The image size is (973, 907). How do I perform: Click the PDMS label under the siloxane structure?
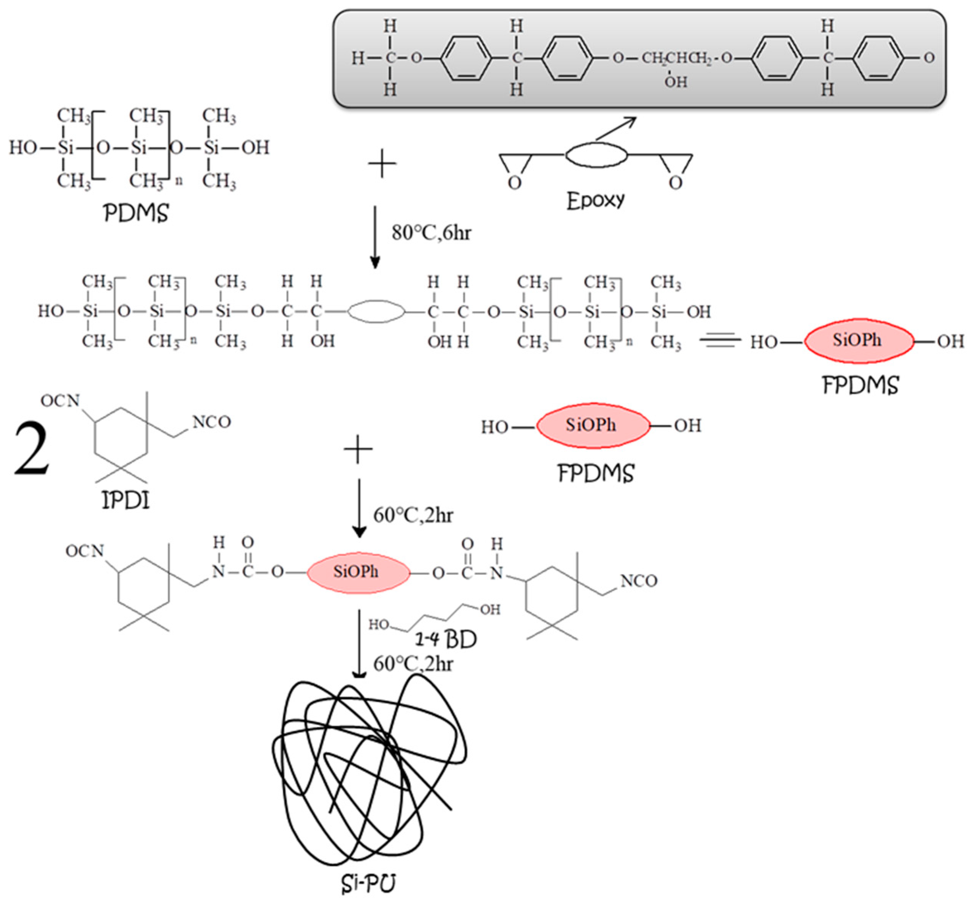coord(136,213)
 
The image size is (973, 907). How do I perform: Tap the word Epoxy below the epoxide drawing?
coord(595,201)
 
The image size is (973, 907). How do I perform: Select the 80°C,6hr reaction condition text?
coord(431,233)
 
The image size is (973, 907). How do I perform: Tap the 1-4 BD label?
coord(445,639)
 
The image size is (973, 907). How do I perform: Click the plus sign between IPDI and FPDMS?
coord(358,449)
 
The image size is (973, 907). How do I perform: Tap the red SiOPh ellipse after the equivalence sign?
coord(859,340)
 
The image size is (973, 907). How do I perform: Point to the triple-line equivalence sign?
coord(720,340)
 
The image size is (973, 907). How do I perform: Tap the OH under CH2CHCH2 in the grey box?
coord(676,82)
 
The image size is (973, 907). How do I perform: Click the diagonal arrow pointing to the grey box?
coord(616,128)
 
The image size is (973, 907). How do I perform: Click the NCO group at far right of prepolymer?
coord(638,581)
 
